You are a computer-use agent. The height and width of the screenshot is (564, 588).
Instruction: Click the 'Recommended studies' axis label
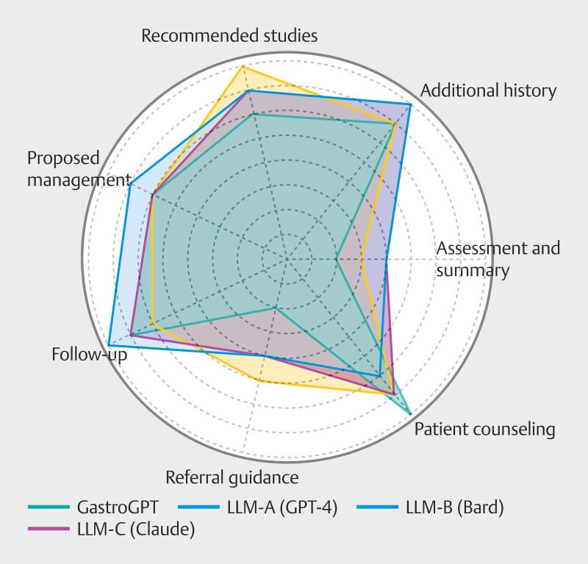click(x=229, y=35)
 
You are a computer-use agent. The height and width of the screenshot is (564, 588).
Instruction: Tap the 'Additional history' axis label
click(x=489, y=90)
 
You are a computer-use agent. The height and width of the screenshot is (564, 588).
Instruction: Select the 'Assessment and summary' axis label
click(x=498, y=258)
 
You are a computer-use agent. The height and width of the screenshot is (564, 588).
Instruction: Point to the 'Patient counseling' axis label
click(x=484, y=428)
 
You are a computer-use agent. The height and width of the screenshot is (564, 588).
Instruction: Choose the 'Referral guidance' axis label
click(x=232, y=478)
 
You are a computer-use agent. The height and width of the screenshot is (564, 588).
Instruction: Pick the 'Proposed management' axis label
click(x=73, y=168)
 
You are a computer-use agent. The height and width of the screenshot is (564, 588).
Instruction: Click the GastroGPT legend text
click(x=117, y=507)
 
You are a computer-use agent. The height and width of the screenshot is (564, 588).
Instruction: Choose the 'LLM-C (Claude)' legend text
click(x=136, y=529)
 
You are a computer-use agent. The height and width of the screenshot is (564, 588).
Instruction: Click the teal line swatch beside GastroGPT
click(x=49, y=507)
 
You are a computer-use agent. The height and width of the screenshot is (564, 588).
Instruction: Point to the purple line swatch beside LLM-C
click(x=49, y=529)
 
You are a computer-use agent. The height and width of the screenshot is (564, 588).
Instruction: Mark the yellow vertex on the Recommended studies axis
click(x=243, y=65)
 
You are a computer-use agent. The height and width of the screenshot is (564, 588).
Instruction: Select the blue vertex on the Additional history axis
click(x=410, y=105)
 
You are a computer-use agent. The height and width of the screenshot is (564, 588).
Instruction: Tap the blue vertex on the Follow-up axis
click(x=108, y=345)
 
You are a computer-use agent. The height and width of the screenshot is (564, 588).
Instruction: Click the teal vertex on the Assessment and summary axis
click(x=336, y=258)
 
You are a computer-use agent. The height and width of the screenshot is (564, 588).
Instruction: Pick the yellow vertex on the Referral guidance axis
click(x=259, y=380)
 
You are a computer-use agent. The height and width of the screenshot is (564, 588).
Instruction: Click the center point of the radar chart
click(x=287, y=258)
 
